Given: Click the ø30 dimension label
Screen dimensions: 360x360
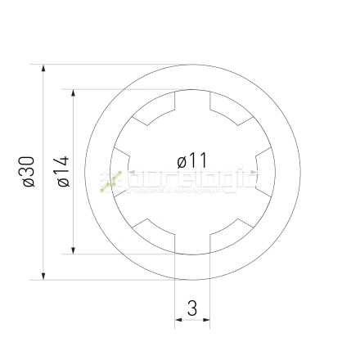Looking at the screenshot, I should pyautogui.click(x=28, y=172).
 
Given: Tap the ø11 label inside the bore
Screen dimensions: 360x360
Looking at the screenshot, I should pyautogui.click(x=192, y=160).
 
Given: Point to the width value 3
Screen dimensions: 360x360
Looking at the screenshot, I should pyautogui.click(x=192, y=308).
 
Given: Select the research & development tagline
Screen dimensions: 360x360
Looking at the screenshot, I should pyautogui.click(x=180, y=191).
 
